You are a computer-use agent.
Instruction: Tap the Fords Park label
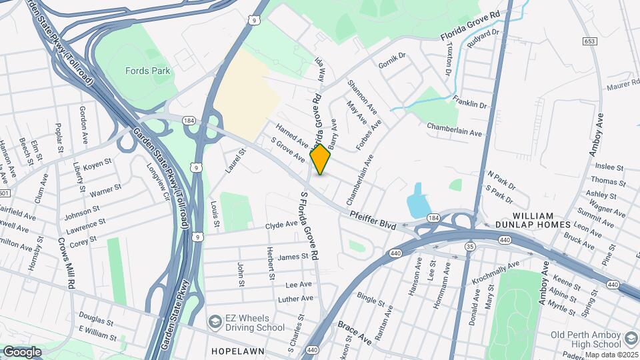point(148,70)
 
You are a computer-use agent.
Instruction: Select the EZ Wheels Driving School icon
point(215,323)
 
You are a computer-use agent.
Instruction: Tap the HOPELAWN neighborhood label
point(239,351)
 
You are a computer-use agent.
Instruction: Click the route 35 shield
point(471,247)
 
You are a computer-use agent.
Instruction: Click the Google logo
point(22,351)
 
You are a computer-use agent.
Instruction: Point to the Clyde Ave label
point(281,225)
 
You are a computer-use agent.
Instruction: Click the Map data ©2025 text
point(611,355)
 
